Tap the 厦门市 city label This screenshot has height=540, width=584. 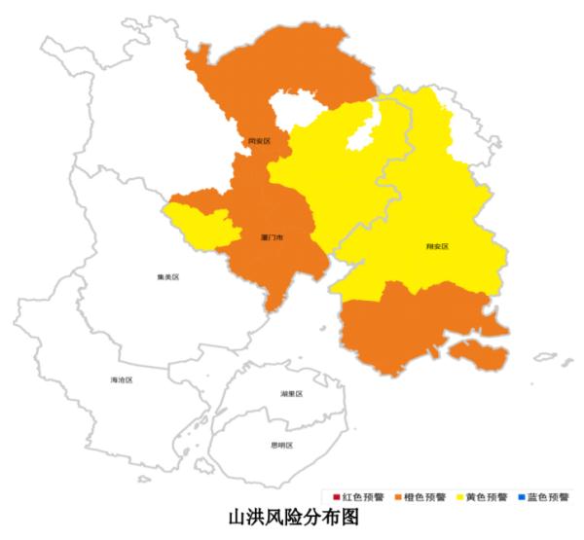pyautogui.click(x=272, y=237)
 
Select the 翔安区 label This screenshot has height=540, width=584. pyautogui.click(x=437, y=247)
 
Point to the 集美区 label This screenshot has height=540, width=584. pyautogui.click(x=167, y=277)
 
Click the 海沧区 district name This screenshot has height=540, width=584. pyautogui.click(x=122, y=379)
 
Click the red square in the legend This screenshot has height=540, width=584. pyautogui.click(x=336, y=497)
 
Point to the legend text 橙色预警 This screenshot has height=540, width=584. pyautogui.click(x=424, y=497)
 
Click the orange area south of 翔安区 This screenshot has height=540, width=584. pyautogui.click(x=409, y=326)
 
